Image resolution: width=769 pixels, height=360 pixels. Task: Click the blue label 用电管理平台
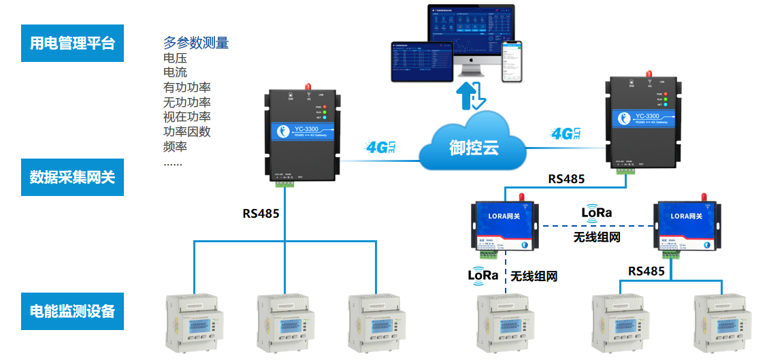coord(72,44)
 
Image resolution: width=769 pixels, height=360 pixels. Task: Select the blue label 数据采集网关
coord(72,178)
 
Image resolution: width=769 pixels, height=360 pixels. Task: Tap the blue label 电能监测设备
coord(72,311)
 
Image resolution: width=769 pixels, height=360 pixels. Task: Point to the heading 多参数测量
coord(196,43)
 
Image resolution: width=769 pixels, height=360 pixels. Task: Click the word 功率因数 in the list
coord(187,131)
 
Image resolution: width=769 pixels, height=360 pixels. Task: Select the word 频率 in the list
coord(176,146)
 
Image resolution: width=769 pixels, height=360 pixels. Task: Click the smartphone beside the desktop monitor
coord(512,61)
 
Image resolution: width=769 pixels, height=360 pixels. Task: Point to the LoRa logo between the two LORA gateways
coord(596,212)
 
